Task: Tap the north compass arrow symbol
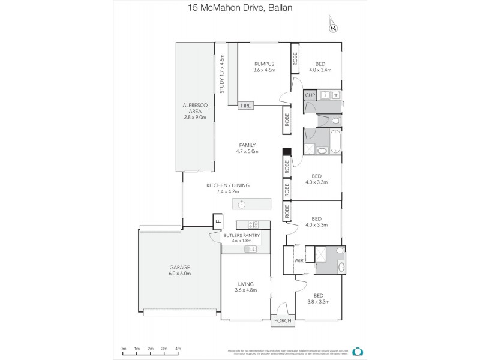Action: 332,26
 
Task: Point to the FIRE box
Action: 246,106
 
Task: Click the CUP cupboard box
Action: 310,95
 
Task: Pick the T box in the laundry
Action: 325,95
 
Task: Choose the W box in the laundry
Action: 335,95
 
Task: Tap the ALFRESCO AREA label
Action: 195,111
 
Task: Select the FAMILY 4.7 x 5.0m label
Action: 247,148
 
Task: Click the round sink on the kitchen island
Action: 241,205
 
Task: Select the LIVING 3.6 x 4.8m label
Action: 245,287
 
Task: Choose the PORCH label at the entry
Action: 283,321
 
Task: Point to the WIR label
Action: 298,260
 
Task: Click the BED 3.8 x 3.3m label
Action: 318,298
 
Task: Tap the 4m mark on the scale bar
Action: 178,349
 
